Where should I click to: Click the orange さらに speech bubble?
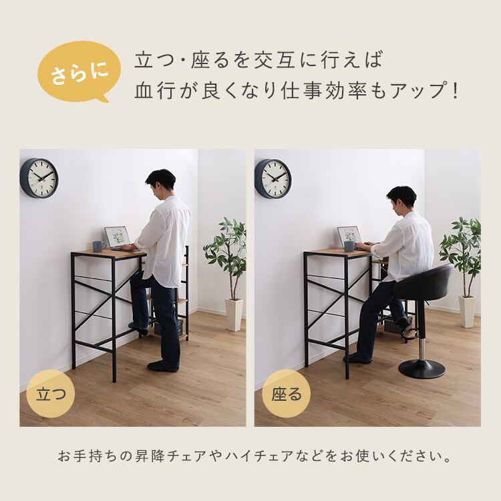[79, 71]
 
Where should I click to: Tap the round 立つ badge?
[51, 393]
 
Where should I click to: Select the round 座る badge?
[287, 393]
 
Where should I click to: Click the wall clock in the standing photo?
[39, 178]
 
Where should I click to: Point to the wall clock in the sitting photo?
[273, 178]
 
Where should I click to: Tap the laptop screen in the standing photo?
[117, 236]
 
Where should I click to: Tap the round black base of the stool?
[422, 369]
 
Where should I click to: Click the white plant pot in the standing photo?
[234, 315]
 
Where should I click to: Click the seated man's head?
[401, 199]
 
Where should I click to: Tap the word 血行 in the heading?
[155, 91]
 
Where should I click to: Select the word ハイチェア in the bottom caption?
[259, 456]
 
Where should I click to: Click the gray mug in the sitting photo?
[349, 246]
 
